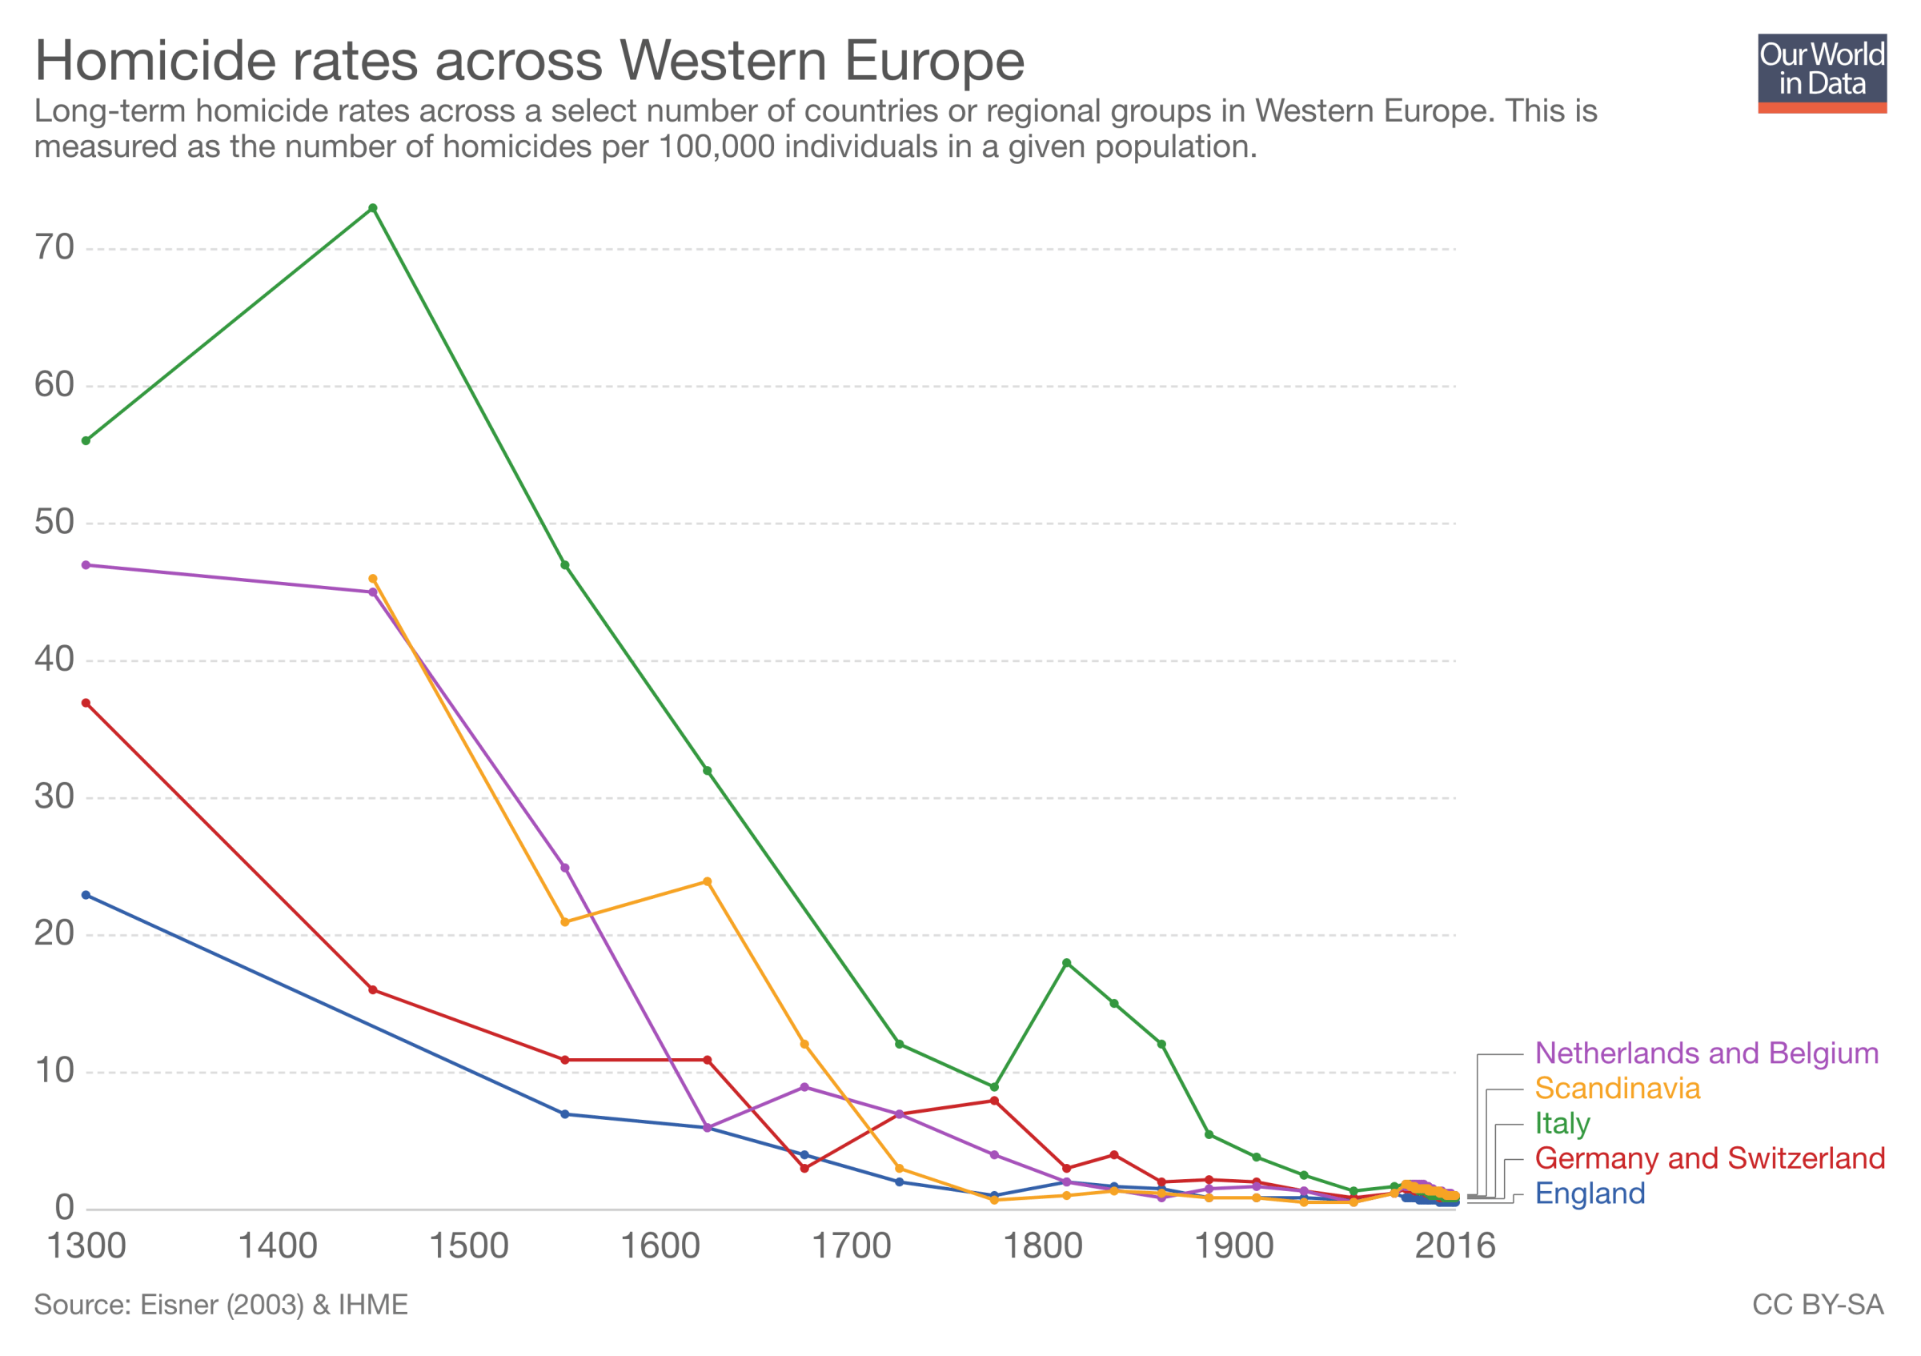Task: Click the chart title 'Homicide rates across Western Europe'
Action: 529,60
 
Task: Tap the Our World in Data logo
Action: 1822,73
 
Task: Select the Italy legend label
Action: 1562,1123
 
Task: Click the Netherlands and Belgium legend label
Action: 1706,1053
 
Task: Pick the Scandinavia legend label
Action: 1617,1089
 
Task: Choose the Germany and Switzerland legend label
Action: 1710,1158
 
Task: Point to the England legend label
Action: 1589,1194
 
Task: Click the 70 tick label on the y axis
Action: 54,247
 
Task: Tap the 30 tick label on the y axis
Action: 54,796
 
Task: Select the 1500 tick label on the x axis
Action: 468,1246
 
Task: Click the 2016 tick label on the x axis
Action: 1455,1246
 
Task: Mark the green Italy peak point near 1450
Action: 373,208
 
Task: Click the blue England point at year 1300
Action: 86,895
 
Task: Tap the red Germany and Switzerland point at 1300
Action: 86,704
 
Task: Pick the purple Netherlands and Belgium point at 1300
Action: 86,565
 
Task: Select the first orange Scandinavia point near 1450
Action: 373,579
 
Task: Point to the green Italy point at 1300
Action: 86,441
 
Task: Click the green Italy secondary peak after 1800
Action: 1066,963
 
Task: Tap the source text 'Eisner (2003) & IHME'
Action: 274,1305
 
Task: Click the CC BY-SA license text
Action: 1817,1305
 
